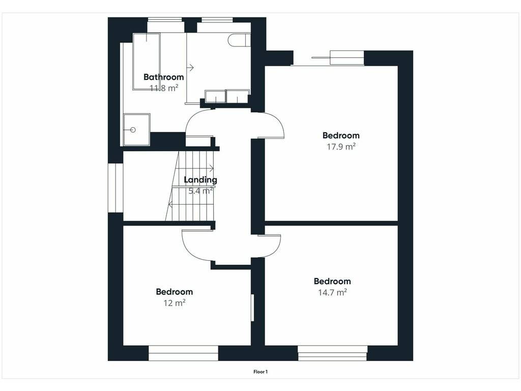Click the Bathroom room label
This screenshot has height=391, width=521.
tap(163, 77)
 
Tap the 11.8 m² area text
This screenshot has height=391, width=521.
tap(164, 88)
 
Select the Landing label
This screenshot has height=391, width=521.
tap(200, 180)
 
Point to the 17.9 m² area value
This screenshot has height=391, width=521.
tap(341, 146)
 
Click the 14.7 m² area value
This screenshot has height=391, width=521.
tap(333, 292)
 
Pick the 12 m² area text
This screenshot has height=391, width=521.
tap(175, 303)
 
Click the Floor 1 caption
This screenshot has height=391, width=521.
tap(260, 372)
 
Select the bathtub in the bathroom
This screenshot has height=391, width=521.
tap(147, 62)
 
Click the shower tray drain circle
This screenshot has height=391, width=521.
tap(133, 130)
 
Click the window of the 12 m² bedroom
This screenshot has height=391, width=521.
tap(183, 353)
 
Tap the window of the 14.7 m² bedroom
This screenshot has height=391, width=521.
tap(332, 353)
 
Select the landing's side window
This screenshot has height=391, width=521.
tap(115, 187)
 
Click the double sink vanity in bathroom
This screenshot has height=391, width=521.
tap(227, 96)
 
